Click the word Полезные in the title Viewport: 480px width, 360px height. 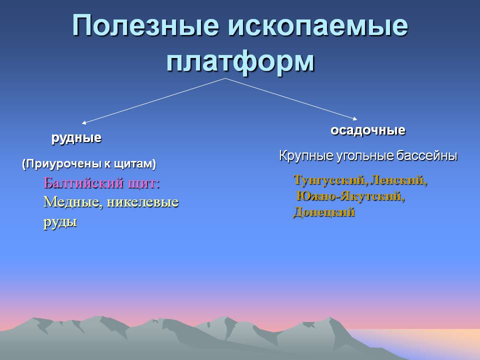[x=145, y=25]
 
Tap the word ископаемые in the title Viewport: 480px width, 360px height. [x=318, y=25]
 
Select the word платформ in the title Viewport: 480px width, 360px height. [x=240, y=61]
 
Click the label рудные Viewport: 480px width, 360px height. [x=76, y=138]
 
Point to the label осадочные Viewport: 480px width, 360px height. [x=368, y=130]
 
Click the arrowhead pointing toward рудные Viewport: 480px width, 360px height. [x=84, y=122]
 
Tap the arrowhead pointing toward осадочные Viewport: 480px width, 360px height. [x=355, y=118]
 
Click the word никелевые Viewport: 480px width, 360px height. [x=142, y=202]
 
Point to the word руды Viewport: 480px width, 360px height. [x=60, y=222]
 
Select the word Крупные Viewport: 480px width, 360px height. [x=306, y=156]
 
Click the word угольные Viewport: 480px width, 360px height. [x=365, y=156]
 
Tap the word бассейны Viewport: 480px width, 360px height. [x=427, y=156]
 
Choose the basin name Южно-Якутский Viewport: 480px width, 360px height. [x=350, y=196]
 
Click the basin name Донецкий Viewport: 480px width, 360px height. [x=324, y=212]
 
